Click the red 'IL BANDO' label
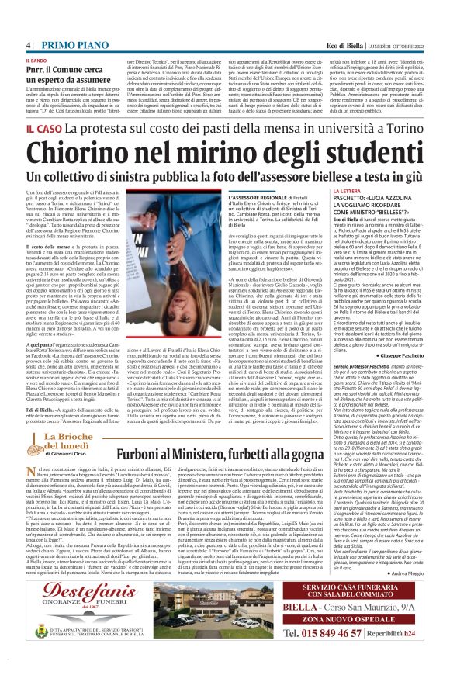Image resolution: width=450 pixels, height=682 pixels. point(36,36)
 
